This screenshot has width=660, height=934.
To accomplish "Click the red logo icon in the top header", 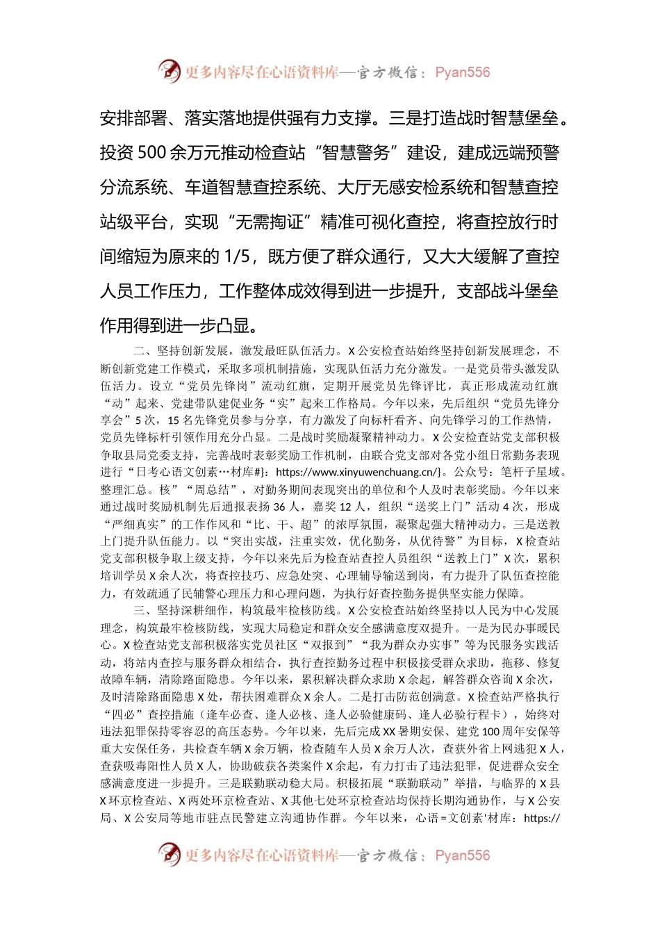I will (x=169, y=72).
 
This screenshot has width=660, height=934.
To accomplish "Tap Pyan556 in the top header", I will (x=462, y=72).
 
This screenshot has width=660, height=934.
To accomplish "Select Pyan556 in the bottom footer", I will (x=462, y=855).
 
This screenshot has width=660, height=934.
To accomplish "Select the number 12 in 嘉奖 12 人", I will (x=345, y=507).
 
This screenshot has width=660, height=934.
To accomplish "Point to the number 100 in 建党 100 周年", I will (x=490, y=732).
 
